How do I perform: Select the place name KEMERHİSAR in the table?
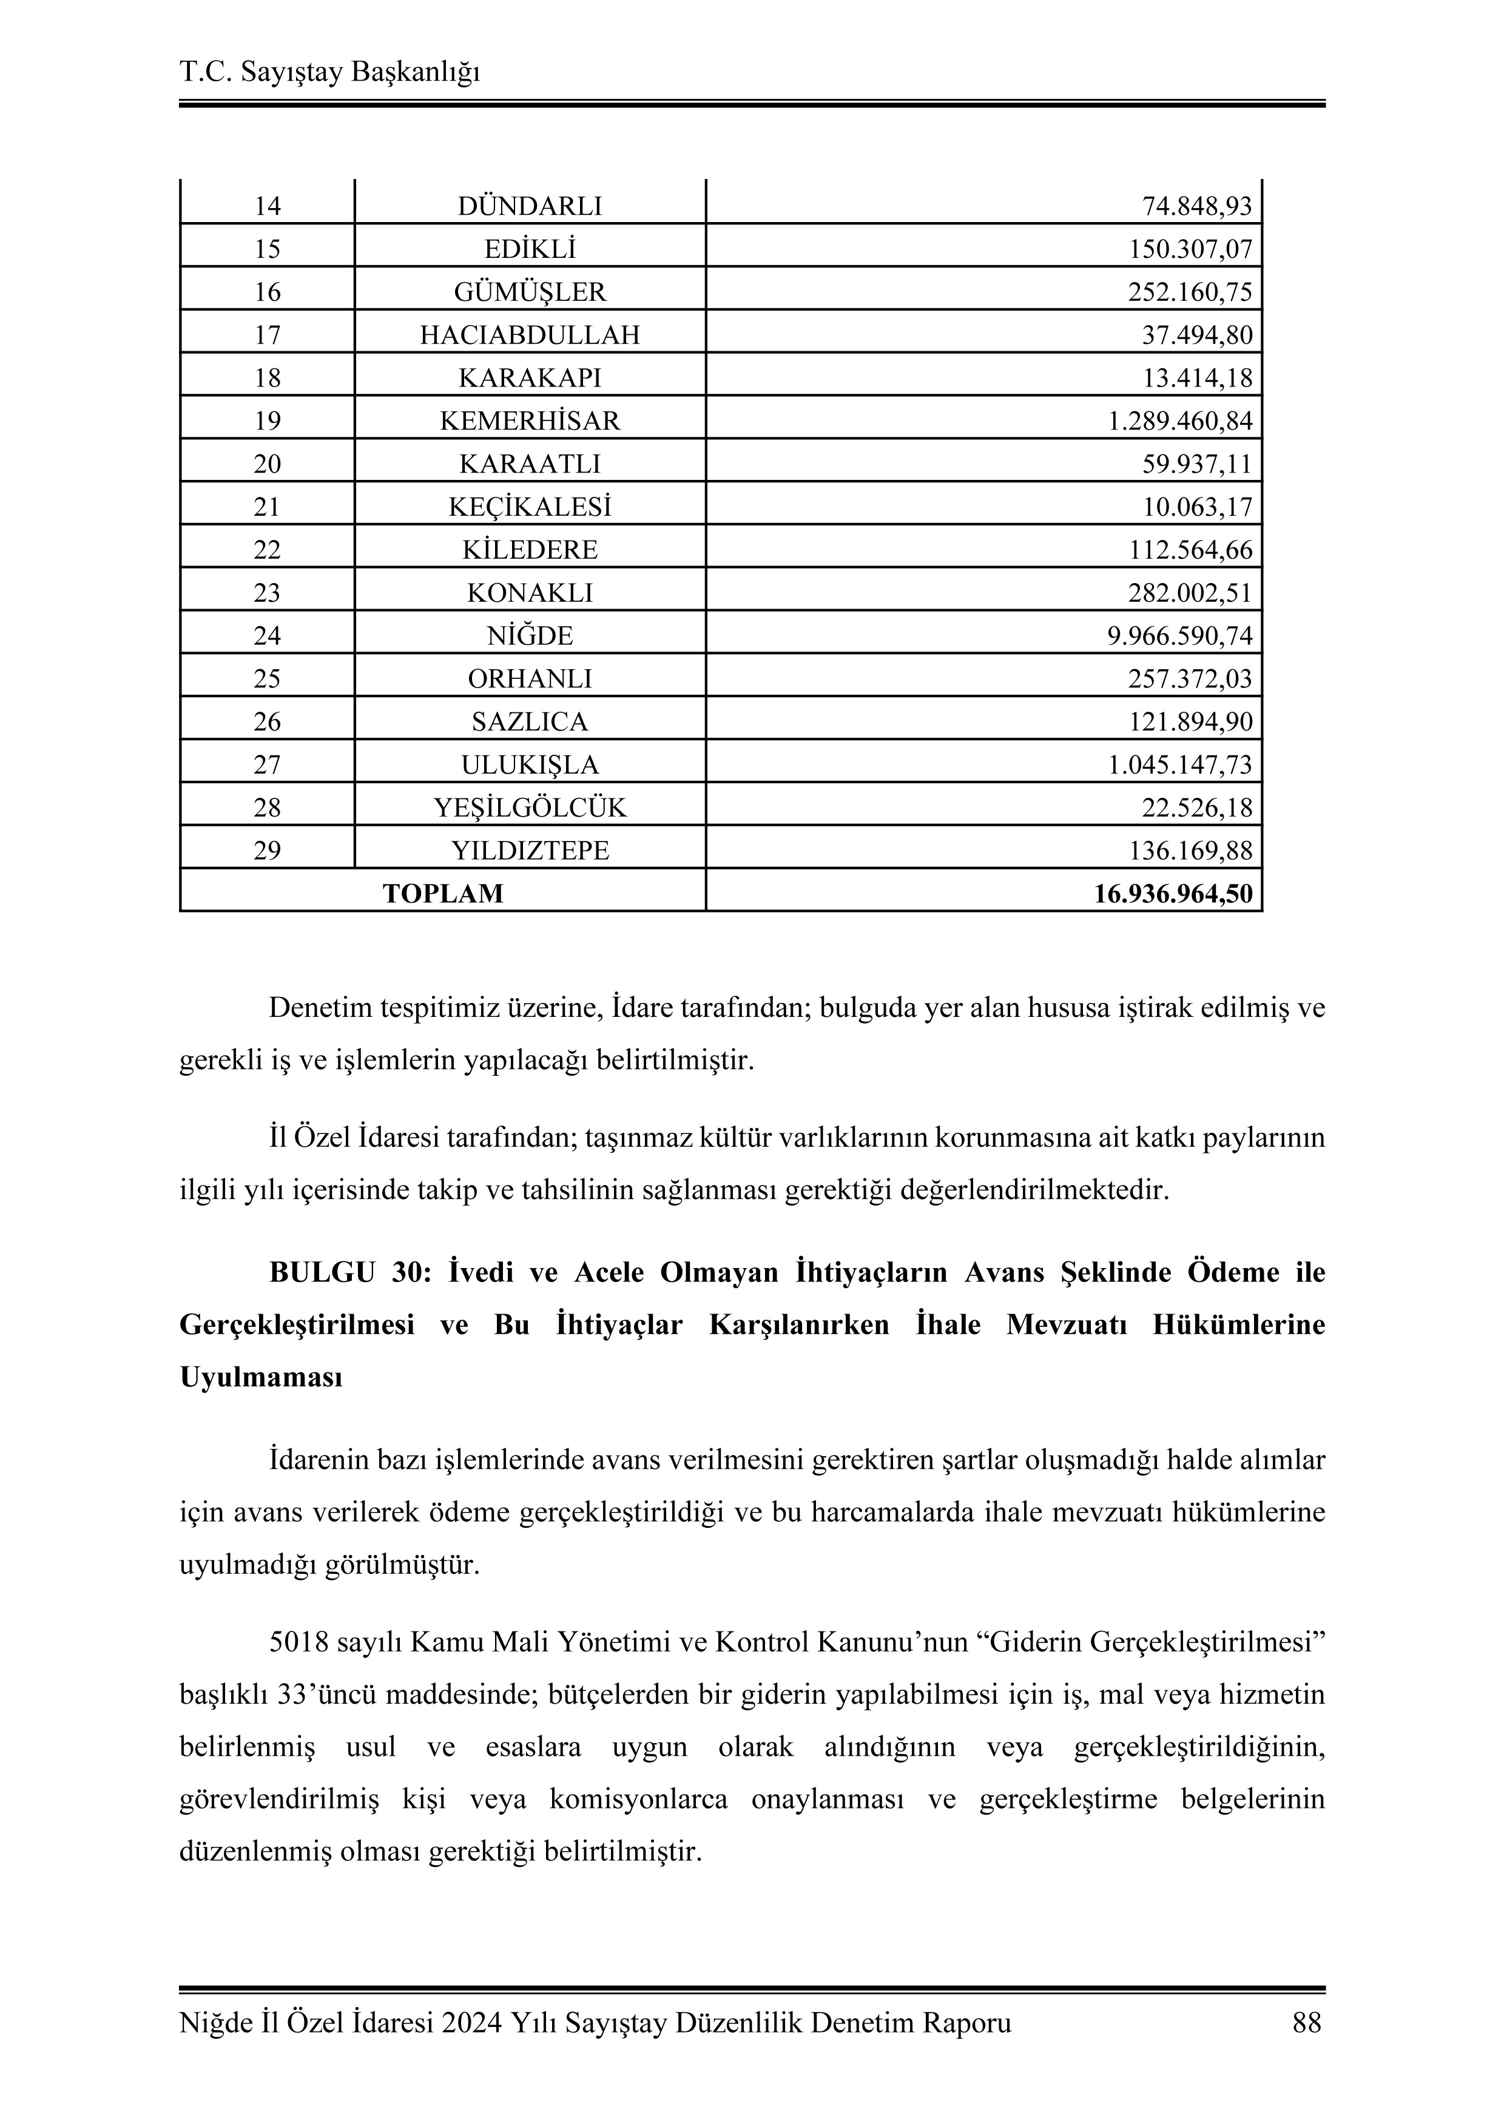(530, 421)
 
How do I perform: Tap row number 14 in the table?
(267, 206)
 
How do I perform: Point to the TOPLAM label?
(443, 894)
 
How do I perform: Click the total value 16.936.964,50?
(1173, 894)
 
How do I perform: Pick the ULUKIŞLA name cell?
(530, 765)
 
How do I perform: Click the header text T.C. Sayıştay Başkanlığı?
(329, 72)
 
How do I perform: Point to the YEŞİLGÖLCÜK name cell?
(530, 808)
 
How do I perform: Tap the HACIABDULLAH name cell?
(530, 335)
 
